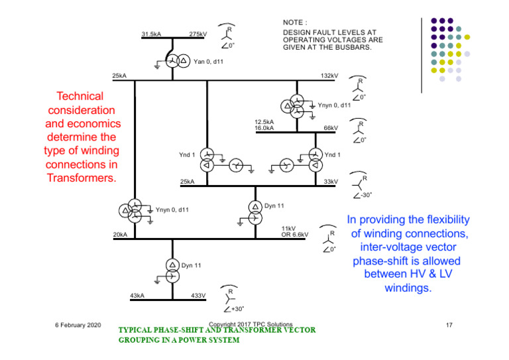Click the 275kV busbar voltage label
coord(198,34)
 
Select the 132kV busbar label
coord(329,76)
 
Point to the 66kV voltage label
coord(330,128)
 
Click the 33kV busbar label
coord(330,181)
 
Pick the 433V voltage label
coord(199,296)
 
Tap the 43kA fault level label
coord(137,296)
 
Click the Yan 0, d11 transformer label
coord(208,62)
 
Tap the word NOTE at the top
coord(294,23)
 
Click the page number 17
coord(449,325)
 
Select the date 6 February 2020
coord(78,325)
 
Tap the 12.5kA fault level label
coord(264,122)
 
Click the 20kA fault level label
coord(120,235)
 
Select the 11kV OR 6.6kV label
coord(295,231)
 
